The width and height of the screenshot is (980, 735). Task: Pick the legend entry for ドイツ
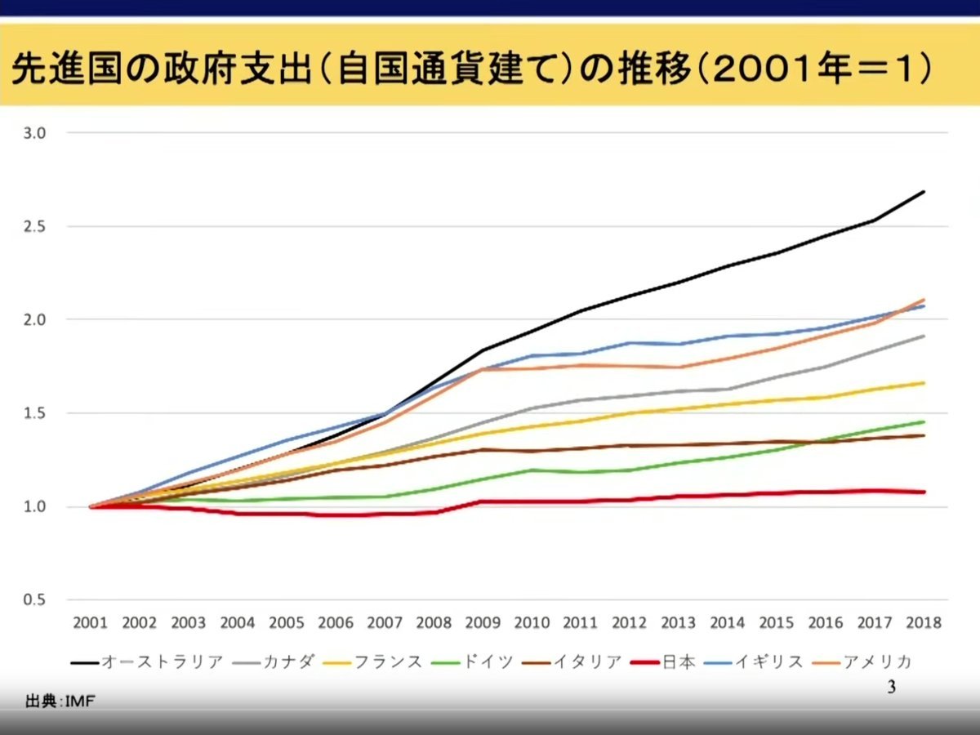487,661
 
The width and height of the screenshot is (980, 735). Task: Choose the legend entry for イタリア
588,661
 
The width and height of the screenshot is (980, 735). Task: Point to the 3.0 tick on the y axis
40,132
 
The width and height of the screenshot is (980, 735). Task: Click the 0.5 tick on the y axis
40,600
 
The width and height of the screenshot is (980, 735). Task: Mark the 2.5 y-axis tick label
40,226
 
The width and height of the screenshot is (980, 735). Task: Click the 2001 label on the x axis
90,622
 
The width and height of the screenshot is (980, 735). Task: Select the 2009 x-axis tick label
482,622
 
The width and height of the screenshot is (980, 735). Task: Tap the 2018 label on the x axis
924,622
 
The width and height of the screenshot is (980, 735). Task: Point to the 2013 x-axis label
678,622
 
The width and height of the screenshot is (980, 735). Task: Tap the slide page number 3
891,688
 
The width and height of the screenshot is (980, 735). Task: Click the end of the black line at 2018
924,192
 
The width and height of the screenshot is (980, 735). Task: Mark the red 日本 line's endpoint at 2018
924,492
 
